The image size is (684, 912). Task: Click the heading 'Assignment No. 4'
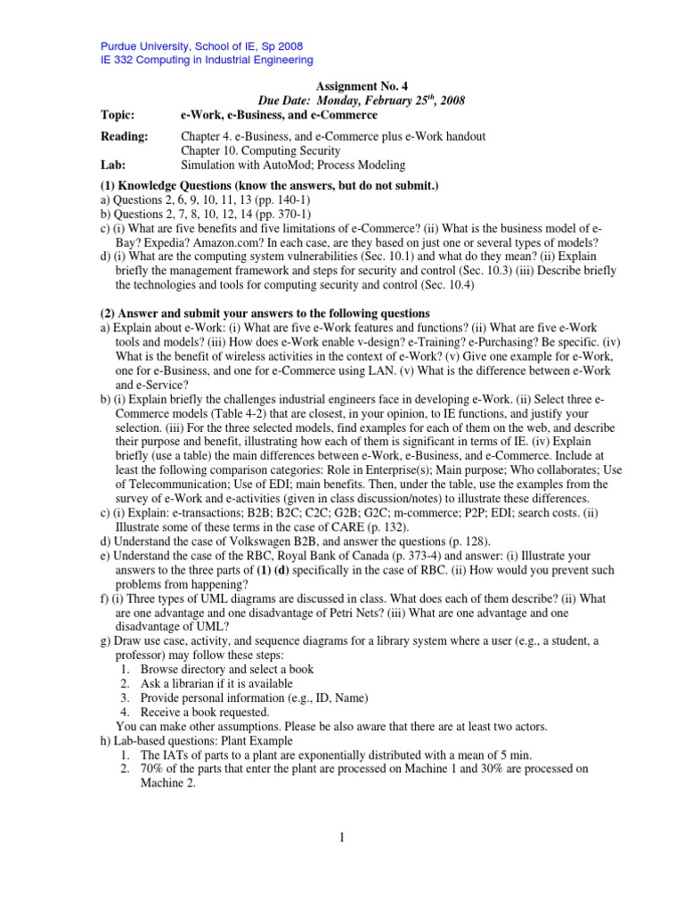tap(362, 86)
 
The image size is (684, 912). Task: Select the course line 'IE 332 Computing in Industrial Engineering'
tap(206, 60)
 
